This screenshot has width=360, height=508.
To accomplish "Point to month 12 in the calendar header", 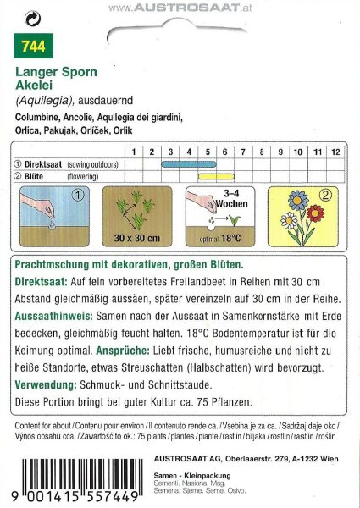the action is point(335,151).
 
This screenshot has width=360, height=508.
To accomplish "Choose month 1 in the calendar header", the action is point(134,151).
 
